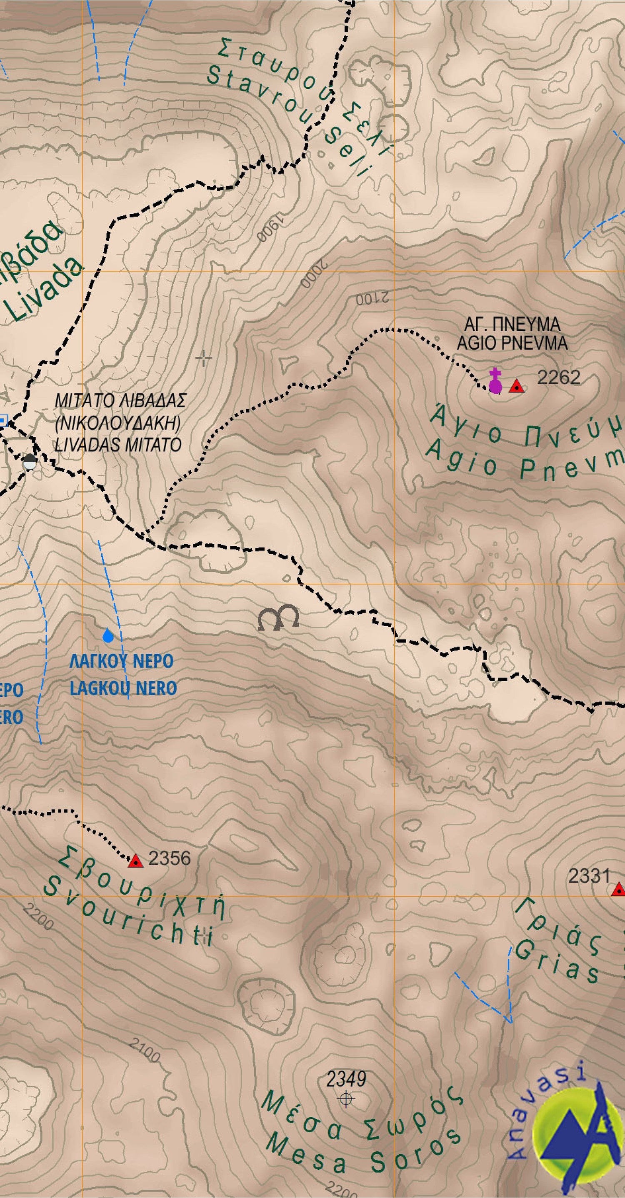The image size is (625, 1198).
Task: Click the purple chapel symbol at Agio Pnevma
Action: click(x=495, y=382)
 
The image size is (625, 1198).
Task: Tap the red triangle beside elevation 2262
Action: click(x=516, y=386)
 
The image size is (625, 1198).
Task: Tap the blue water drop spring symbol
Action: click(x=108, y=635)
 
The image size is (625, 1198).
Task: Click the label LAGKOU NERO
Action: click(x=123, y=688)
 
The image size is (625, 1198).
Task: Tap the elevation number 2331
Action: click(x=589, y=876)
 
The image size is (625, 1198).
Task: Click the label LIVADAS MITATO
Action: click(x=118, y=445)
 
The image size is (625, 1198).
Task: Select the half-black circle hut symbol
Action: click(x=30, y=461)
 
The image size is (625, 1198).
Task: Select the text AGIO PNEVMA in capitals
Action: click(x=512, y=343)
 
